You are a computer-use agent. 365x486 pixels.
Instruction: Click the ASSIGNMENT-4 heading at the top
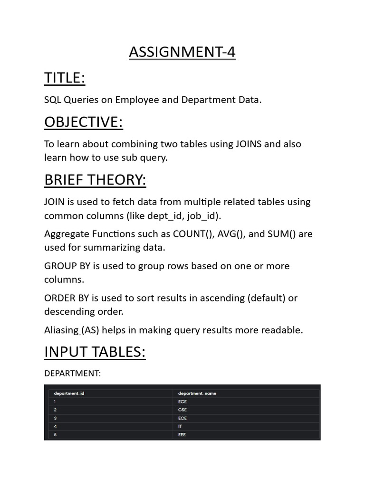tap(182, 52)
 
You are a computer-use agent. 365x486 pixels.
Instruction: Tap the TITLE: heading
tap(65, 78)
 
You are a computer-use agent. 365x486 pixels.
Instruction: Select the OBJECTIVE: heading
tap(84, 122)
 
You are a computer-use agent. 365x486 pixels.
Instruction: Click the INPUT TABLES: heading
tap(95, 352)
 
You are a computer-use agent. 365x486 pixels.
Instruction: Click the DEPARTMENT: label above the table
tap(72, 374)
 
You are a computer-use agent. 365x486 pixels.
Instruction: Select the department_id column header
tap(69, 393)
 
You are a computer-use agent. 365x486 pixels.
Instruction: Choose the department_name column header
tap(197, 393)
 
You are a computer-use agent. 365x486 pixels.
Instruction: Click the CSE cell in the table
tap(182, 410)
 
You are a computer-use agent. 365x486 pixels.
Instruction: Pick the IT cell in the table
tap(180, 426)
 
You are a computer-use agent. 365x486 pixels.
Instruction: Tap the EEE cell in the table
tap(182, 434)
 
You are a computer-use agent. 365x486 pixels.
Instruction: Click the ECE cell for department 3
tap(182, 418)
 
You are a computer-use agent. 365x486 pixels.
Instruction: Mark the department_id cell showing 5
tap(55, 434)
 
